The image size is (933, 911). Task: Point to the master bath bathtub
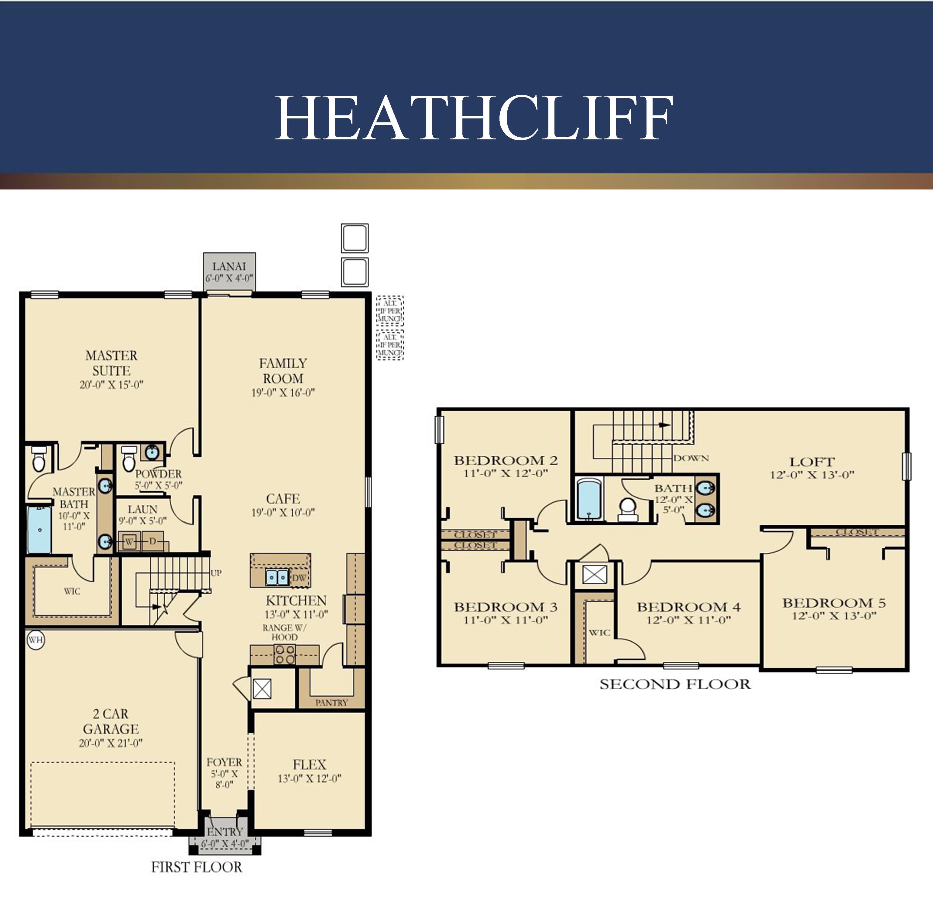39,530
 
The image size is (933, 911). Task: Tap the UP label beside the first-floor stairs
216,573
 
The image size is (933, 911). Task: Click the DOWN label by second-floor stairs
691,458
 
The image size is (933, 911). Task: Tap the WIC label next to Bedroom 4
599,633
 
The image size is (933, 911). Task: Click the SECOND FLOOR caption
675,684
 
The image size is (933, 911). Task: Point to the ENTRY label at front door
225,831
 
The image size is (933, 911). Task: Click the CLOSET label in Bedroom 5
857,532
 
